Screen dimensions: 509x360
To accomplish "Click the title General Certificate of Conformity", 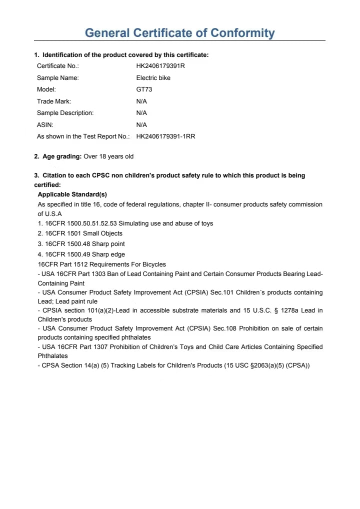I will click(x=180, y=33).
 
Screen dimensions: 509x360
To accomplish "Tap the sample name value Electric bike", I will click(x=153, y=78).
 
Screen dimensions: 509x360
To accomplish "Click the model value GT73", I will click(x=144, y=89).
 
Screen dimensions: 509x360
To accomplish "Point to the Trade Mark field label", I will click(x=54, y=101).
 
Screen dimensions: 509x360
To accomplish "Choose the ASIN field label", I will click(x=45, y=124).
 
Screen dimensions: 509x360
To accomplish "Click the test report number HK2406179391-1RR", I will click(x=165, y=136).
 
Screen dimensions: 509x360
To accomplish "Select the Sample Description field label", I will click(x=65, y=113).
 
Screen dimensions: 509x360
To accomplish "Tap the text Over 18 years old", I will click(x=108, y=156).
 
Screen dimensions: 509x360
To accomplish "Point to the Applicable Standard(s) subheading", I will click(x=72, y=194).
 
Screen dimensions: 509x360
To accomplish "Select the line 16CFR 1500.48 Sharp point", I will click(x=84, y=244).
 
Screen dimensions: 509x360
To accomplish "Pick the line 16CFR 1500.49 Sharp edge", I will click(x=84, y=254).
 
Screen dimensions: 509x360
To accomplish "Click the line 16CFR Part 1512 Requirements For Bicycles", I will click(x=102, y=264).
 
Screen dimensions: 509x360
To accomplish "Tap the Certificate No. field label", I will click(x=58, y=66).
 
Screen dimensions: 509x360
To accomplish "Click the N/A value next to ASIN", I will click(x=141, y=124).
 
